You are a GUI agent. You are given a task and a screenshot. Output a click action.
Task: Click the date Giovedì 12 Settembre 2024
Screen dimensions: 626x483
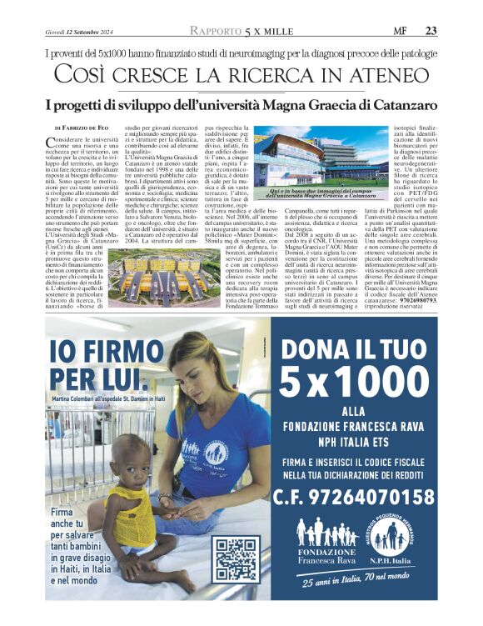(x=81, y=33)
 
